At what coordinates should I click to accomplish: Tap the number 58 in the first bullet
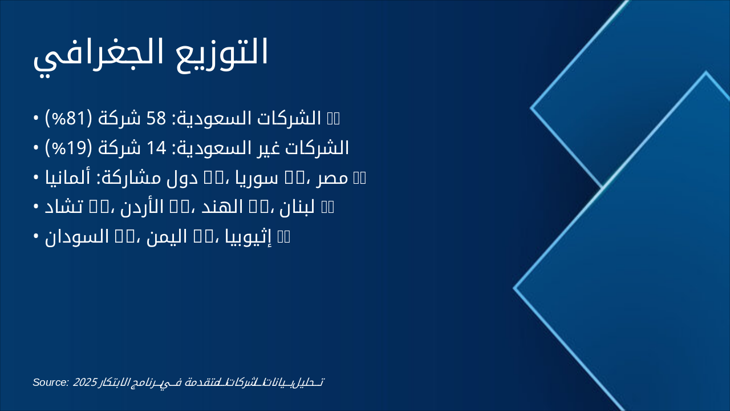point(155,118)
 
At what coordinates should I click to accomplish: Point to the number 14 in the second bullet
point(155,148)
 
